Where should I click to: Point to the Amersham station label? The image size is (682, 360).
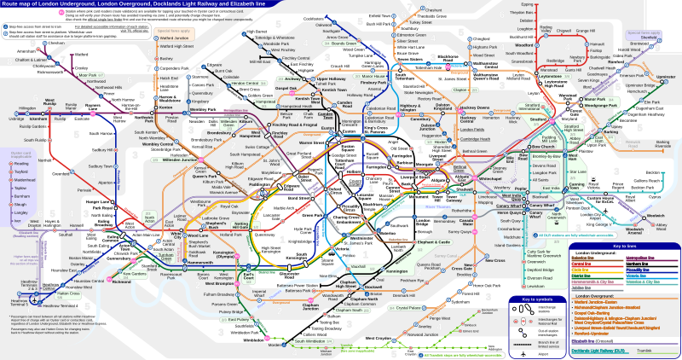click(x=14, y=51)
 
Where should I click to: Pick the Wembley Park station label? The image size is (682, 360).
click(x=204, y=110)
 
